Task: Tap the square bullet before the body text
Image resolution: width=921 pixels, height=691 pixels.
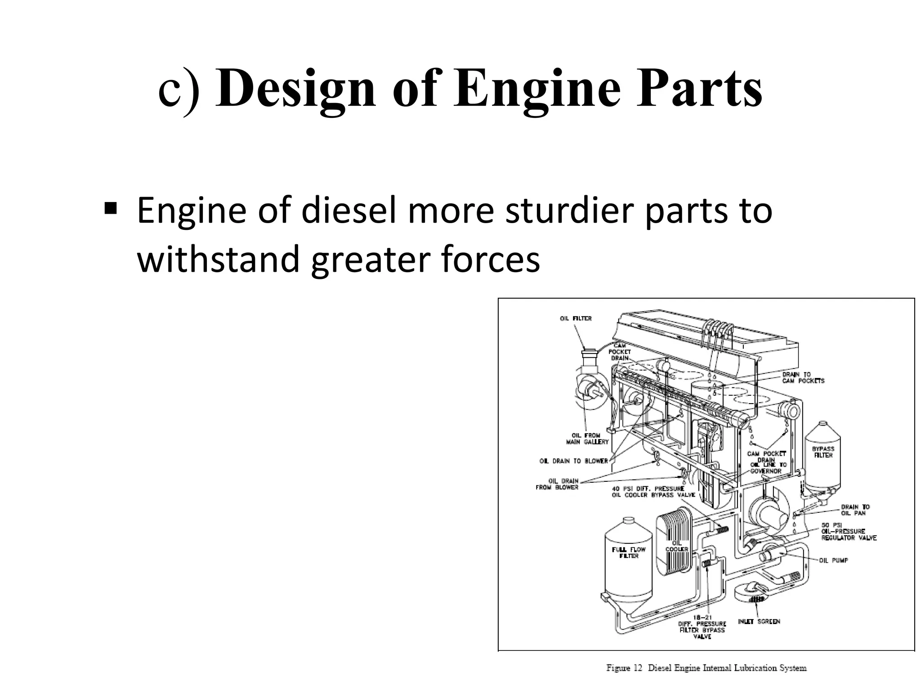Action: [x=110, y=208]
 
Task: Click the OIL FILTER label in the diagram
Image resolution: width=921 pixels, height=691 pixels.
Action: [x=576, y=319]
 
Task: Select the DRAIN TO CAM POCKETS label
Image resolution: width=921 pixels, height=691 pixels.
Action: [x=803, y=377]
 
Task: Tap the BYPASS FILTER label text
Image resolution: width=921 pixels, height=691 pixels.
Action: [x=823, y=452]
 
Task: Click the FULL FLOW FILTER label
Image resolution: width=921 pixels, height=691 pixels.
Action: [x=629, y=552]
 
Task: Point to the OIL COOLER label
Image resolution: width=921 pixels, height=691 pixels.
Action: [x=677, y=546]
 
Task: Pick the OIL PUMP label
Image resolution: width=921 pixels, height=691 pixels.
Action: [x=833, y=561]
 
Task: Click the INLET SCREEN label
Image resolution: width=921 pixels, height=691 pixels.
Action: [x=759, y=621]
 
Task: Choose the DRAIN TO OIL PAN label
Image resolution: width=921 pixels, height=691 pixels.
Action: [x=855, y=510]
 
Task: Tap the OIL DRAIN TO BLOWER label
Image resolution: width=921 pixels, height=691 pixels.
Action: [x=573, y=461]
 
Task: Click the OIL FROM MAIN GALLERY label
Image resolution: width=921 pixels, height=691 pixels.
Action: [x=587, y=439]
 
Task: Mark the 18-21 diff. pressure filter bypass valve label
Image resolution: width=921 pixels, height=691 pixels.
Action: [x=702, y=627]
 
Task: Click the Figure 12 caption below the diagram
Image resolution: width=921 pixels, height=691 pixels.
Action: [x=706, y=668]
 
